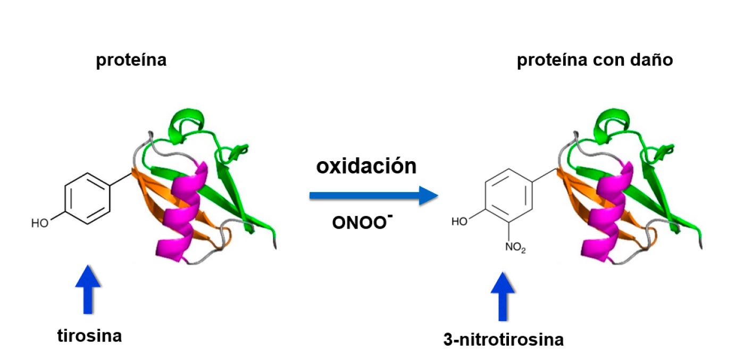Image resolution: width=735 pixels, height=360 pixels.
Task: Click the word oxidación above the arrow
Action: pyautogui.click(x=366, y=166)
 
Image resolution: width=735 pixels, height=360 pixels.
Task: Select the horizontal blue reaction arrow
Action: pyautogui.click(x=373, y=196)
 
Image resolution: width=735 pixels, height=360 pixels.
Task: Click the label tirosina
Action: pyautogui.click(x=89, y=336)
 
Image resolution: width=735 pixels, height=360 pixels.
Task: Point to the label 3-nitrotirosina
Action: pyautogui.click(x=503, y=339)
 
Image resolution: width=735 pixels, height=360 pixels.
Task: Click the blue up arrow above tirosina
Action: pyautogui.click(x=88, y=289)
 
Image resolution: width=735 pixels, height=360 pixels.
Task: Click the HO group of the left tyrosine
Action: pyautogui.click(x=40, y=223)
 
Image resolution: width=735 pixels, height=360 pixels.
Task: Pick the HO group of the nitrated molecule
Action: pyautogui.click(x=460, y=221)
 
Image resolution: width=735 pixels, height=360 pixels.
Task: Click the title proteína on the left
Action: pyautogui.click(x=131, y=60)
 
